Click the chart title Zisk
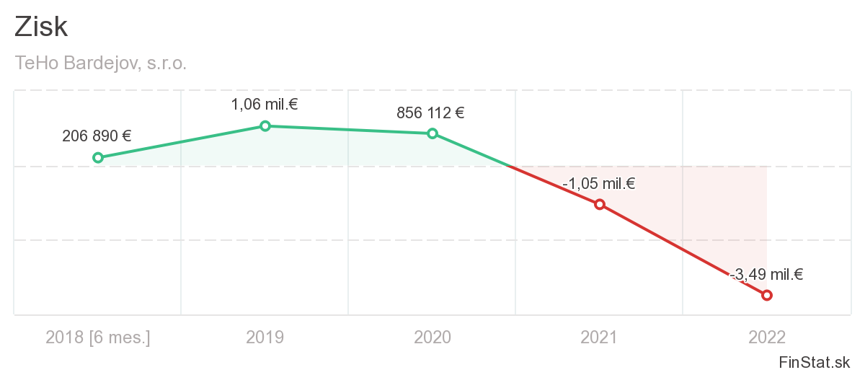coord(41,27)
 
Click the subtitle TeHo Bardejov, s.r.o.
coord(101,63)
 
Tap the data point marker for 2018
coord(98,158)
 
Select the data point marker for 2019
coord(265,126)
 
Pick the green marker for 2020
coord(432,133)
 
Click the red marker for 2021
coord(600,204)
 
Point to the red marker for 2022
coord(767,295)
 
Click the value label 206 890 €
coord(97,136)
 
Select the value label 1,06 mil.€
coord(265,105)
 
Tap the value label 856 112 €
coord(430,113)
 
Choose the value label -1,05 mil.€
coord(598,184)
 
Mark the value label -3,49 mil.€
coord(766,275)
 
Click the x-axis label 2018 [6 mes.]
coord(98,337)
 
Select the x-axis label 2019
coord(265,337)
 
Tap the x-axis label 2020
coord(432,337)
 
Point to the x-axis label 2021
coord(600,337)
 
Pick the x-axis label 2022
coord(767,337)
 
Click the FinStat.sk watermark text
coord(814,361)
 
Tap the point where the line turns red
coord(510,167)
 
